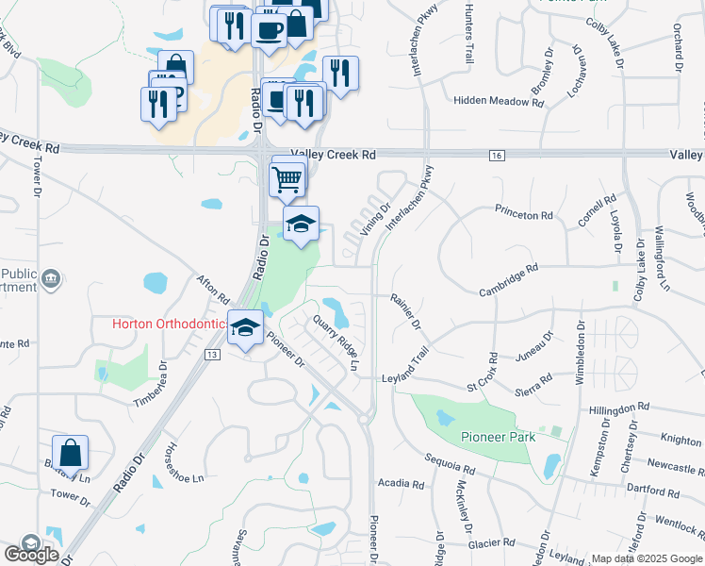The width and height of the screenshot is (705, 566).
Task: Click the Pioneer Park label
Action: (x=499, y=437)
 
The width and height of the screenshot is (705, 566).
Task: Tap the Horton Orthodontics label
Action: (x=169, y=324)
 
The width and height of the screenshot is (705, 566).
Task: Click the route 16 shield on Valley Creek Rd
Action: (x=497, y=154)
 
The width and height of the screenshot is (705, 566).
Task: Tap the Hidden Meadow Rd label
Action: (x=498, y=100)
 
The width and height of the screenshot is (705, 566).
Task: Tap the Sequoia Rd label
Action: (x=449, y=467)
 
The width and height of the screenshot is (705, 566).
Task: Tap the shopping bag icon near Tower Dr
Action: (x=70, y=454)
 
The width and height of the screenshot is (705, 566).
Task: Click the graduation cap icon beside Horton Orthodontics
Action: (x=245, y=328)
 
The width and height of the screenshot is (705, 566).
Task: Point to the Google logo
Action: (x=31, y=555)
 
